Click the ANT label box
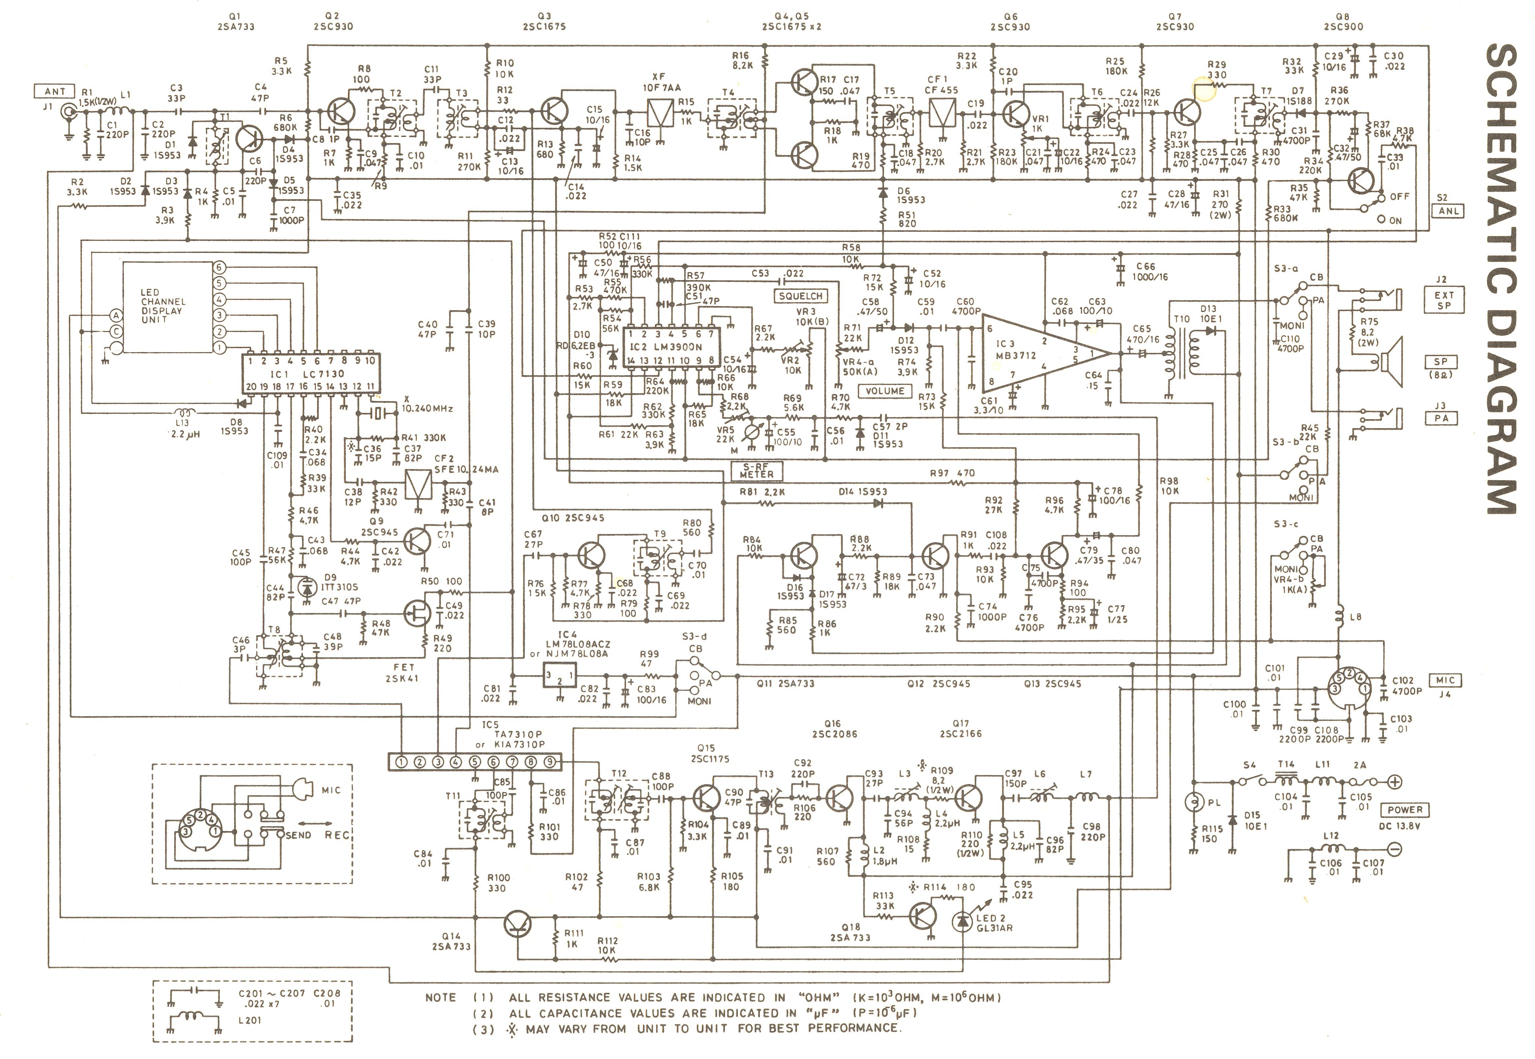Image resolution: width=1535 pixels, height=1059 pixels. [55, 92]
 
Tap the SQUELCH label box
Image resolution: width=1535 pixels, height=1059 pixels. [801, 296]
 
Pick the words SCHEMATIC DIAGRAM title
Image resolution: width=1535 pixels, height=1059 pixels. [1500, 279]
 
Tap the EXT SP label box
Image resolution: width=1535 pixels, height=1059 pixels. [1443, 300]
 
